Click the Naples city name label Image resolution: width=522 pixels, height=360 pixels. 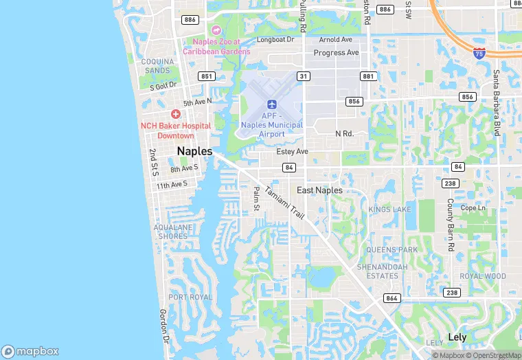pyautogui.click(x=194, y=151)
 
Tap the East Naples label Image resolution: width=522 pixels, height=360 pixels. pyautogui.click(x=319, y=190)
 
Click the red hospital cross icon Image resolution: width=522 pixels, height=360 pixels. pyautogui.click(x=176, y=114)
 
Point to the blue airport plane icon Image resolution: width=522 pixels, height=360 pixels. pyautogui.click(x=272, y=104)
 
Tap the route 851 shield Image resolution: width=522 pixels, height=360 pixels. pyautogui.click(x=207, y=76)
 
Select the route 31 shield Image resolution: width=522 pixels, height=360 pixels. pyautogui.click(x=303, y=76)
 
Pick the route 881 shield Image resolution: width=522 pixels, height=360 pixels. pyautogui.click(x=369, y=76)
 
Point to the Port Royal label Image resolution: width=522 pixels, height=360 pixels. pyautogui.click(x=190, y=297)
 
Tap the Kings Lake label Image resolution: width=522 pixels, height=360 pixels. pyautogui.click(x=389, y=209)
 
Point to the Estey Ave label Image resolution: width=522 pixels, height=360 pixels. pyautogui.click(x=292, y=151)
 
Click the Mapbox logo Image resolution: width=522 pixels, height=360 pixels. pyautogui.click(x=30, y=351)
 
